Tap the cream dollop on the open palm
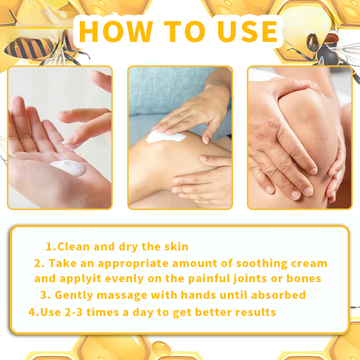tap(68, 169)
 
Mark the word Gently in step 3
tap(71, 295)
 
